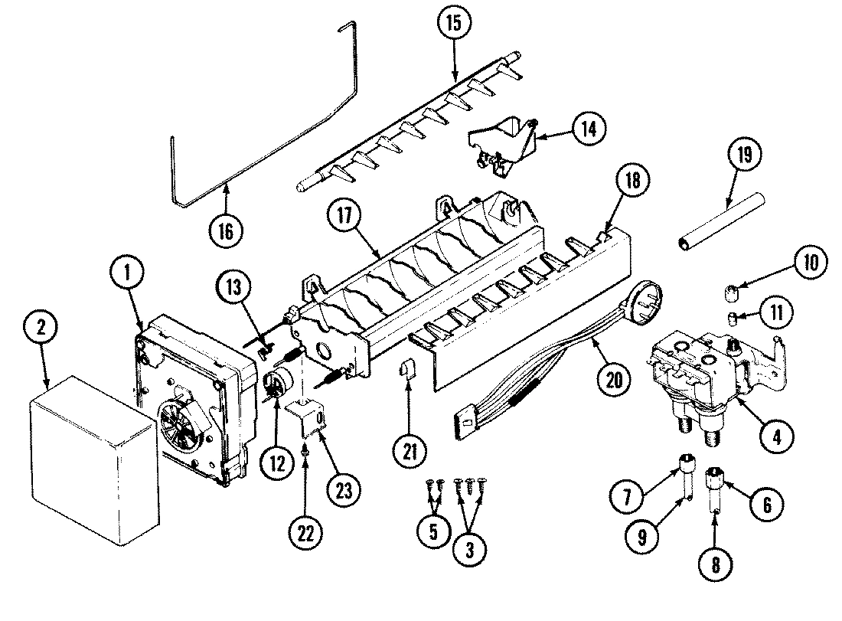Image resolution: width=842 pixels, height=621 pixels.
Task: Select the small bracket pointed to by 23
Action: [x=309, y=419]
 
